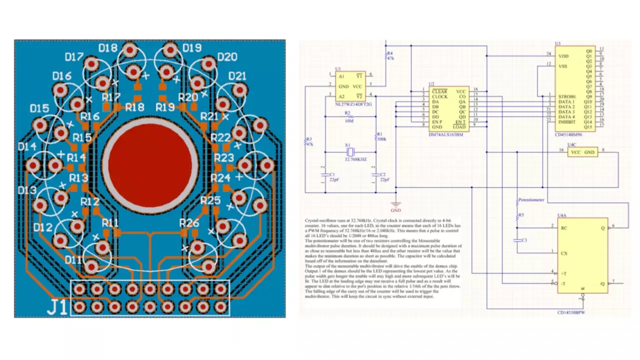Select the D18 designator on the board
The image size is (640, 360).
(108, 48)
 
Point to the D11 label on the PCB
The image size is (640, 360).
(74, 260)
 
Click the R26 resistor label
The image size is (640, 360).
(189, 222)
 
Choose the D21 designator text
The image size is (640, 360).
(238, 76)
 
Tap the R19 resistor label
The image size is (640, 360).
(165, 107)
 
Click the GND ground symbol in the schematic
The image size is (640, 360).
(396, 204)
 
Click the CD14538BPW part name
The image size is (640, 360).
(571, 312)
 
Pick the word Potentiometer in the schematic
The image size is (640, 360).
(531, 199)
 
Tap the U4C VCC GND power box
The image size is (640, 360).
(583, 152)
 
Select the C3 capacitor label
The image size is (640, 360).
(524, 240)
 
